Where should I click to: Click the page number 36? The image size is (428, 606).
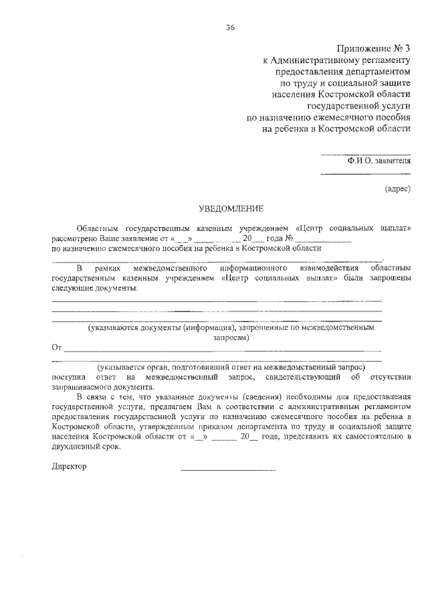click(x=230, y=27)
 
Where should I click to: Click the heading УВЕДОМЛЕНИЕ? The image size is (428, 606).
click(x=231, y=208)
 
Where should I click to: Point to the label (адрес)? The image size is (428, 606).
click(x=397, y=189)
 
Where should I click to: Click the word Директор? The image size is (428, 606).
click(x=69, y=467)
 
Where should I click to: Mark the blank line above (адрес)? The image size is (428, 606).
click(x=365, y=175)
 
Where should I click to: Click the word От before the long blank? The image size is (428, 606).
click(x=57, y=348)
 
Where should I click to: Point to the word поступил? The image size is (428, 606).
click(x=68, y=377)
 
